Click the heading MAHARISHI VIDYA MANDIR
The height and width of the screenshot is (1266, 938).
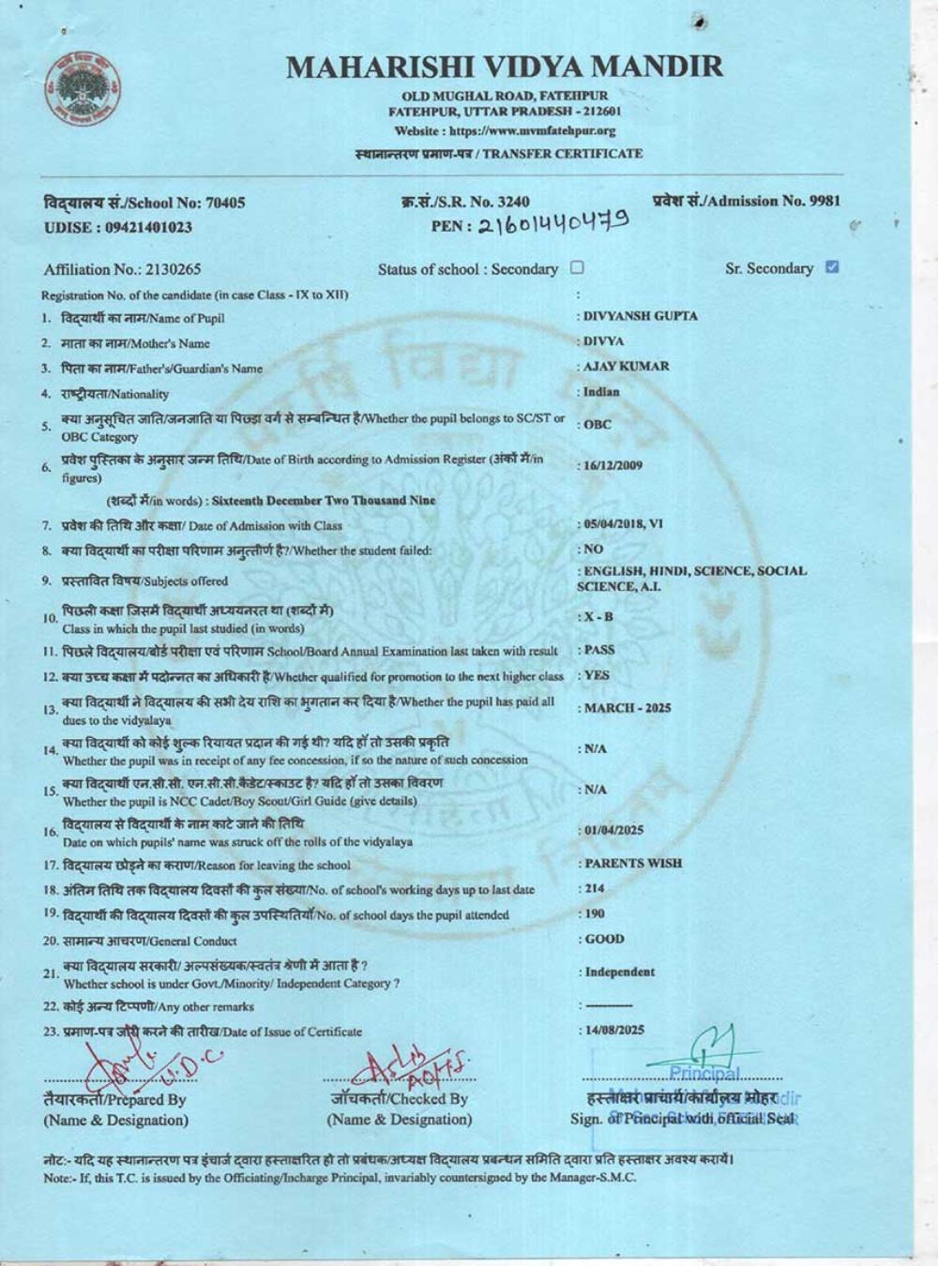[505, 67]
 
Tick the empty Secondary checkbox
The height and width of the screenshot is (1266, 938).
[577, 267]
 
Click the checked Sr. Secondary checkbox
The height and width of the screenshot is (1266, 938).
[831, 267]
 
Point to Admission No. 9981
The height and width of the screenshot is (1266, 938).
[746, 201]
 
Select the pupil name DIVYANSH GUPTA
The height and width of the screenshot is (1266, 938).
[640, 316]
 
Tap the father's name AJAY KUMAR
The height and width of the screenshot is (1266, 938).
[626, 366]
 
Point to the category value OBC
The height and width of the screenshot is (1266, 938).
[598, 424]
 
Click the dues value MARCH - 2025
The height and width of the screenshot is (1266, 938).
[627, 708]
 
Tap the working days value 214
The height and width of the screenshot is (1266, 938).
[595, 888]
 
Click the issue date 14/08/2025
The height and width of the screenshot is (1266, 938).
[614, 1030]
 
